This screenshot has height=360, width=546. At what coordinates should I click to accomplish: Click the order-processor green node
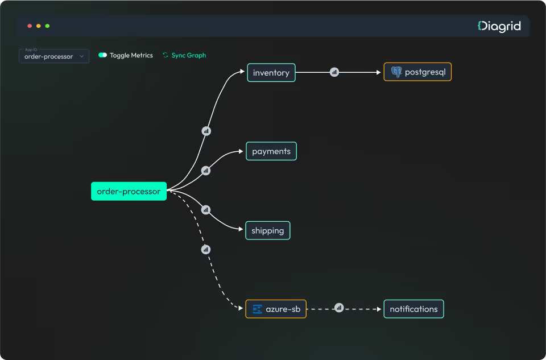pyautogui.click(x=129, y=191)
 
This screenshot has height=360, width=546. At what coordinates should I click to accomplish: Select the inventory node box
pyautogui.click(x=271, y=73)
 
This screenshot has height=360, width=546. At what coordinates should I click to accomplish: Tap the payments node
pyautogui.click(x=271, y=151)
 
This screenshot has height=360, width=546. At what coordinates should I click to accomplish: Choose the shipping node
pyautogui.click(x=267, y=230)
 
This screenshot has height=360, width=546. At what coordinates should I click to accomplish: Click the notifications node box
pyautogui.click(x=413, y=309)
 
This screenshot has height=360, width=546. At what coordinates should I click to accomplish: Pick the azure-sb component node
pyautogui.click(x=276, y=309)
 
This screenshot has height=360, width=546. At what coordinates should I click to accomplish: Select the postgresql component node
pyautogui.click(x=417, y=72)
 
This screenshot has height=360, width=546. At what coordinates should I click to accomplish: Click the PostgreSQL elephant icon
pyautogui.click(x=396, y=72)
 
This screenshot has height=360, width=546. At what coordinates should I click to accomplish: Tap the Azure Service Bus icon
pyautogui.click(x=257, y=309)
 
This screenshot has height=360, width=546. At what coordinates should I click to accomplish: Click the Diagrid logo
pyautogui.click(x=499, y=26)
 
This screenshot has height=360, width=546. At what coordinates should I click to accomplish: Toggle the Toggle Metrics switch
pyautogui.click(x=103, y=55)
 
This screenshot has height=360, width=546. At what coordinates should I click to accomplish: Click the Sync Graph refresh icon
pyautogui.click(x=166, y=55)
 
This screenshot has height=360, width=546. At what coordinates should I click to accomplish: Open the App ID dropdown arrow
pyautogui.click(x=82, y=56)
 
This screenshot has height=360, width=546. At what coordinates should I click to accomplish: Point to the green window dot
pyautogui.click(x=48, y=26)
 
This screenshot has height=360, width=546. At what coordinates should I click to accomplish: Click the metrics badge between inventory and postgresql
pyautogui.click(x=334, y=72)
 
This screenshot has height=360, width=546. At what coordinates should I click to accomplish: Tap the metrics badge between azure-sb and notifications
pyautogui.click(x=339, y=308)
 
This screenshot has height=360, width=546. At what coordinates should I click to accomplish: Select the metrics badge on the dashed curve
pyautogui.click(x=206, y=249)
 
